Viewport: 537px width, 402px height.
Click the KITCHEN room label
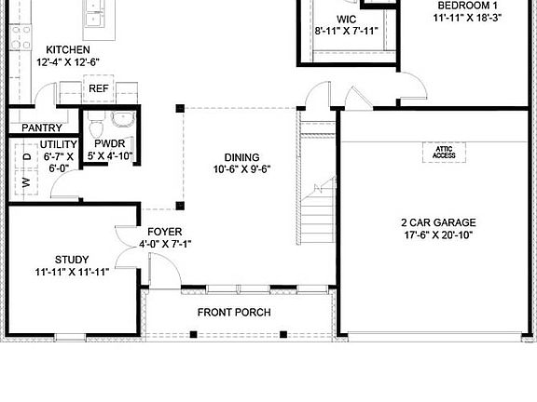coord(68,49)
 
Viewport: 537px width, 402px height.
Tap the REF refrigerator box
coord(98,89)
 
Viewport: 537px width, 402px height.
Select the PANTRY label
coord(42,128)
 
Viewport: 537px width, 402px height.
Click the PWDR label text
coord(110,143)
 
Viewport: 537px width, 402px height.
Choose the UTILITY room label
coord(58,144)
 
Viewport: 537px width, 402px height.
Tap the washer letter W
coord(27,182)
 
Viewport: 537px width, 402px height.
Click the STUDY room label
coord(72,260)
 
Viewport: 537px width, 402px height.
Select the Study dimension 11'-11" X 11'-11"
coord(73,273)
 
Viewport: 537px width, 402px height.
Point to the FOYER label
coord(164,232)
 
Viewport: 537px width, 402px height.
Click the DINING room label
coord(241,157)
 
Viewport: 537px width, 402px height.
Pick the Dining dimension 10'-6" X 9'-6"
coord(241,170)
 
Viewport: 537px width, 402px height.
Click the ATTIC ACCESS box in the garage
coord(443,152)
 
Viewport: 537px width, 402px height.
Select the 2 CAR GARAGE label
coord(438,222)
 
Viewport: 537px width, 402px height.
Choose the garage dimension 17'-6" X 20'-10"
coord(438,235)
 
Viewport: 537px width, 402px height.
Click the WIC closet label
coord(346,19)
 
